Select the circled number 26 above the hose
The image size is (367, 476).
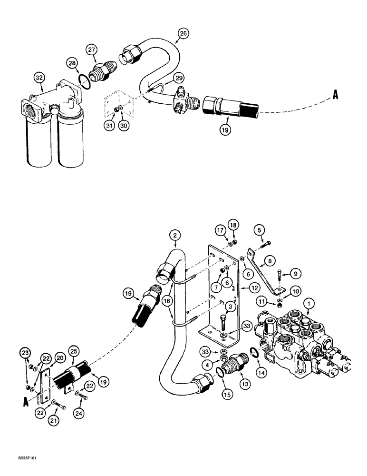(183, 33)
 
